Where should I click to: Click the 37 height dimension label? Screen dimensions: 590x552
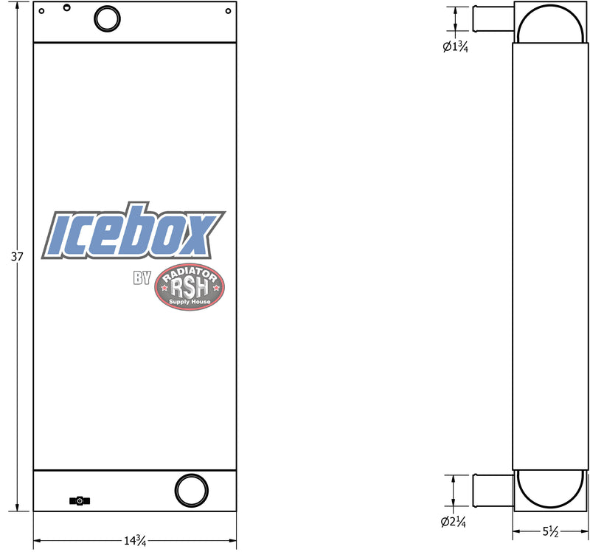[17, 257]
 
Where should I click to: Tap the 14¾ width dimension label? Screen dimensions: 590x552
[135, 540]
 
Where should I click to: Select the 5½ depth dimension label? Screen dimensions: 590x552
[550, 531]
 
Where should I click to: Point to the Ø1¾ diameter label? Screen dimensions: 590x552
[455, 46]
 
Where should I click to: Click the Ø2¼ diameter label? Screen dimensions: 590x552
[454, 522]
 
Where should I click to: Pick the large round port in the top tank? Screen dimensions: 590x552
[107, 18]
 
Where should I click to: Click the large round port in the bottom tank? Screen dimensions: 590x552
[192, 491]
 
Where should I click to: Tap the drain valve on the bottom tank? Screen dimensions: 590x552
[80, 501]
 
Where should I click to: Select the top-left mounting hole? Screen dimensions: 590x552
[41, 11]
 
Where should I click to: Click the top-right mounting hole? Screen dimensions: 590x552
[228, 11]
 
